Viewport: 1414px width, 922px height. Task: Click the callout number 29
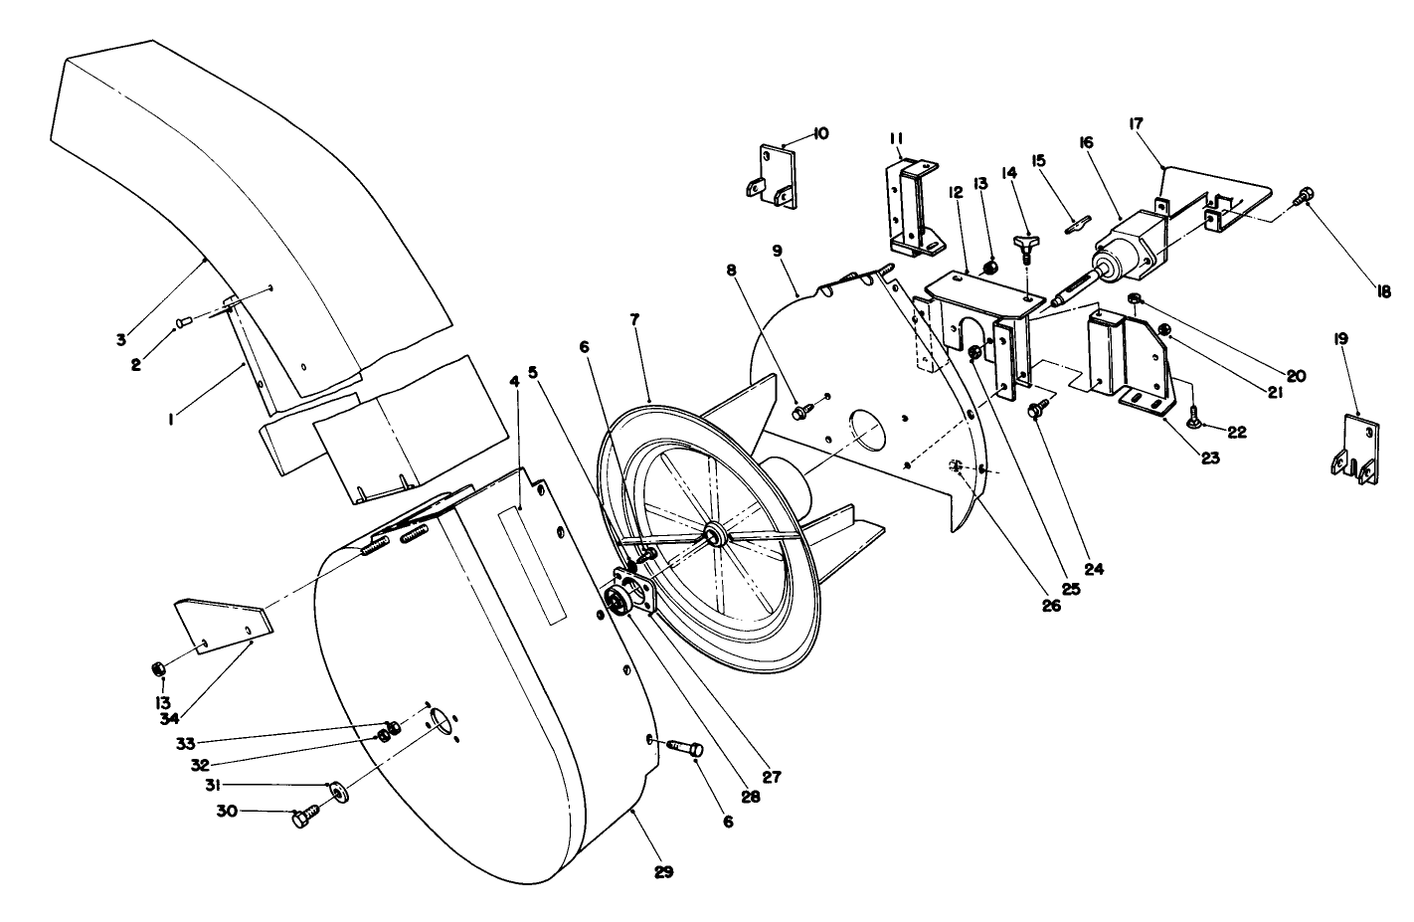click(x=664, y=872)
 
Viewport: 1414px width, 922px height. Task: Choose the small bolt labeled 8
click(x=800, y=409)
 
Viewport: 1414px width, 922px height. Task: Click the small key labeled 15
click(x=1075, y=226)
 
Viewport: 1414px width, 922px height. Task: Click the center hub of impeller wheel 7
click(x=714, y=535)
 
